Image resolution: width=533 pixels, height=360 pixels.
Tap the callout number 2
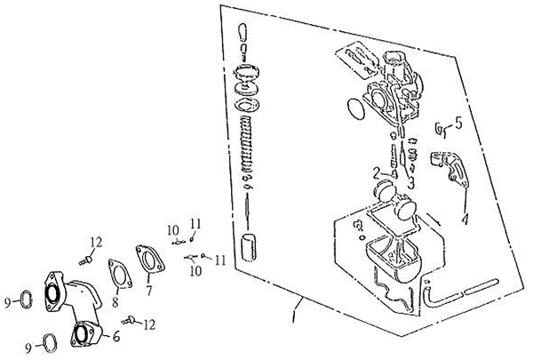[377, 173]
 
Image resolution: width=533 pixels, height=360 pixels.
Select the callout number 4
[465, 218]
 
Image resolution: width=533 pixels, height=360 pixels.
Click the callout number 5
[459, 124]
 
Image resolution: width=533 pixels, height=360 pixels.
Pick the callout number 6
[115, 336]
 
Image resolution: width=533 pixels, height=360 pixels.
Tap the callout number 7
[149, 290]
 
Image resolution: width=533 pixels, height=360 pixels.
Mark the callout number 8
[115, 301]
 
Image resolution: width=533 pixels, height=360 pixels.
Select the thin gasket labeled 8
[120, 274]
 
